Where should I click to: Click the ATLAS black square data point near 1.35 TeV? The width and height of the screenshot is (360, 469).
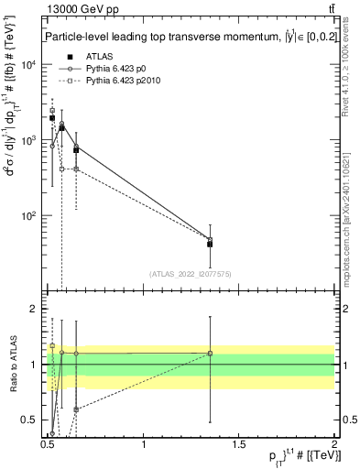point(211,244)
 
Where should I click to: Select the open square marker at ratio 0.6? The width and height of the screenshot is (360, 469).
point(76,409)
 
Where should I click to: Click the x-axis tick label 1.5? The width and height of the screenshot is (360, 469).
point(239,444)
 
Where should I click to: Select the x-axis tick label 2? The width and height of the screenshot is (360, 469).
point(334,444)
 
